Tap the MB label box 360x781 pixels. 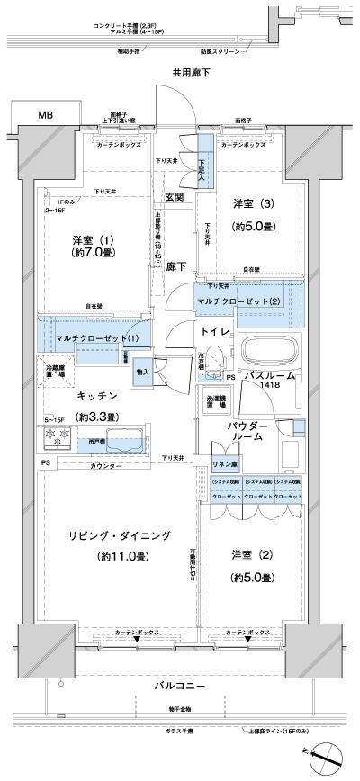click(44, 116)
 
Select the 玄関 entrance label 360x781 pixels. click(175, 197)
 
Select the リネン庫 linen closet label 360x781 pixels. click(224, 463)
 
